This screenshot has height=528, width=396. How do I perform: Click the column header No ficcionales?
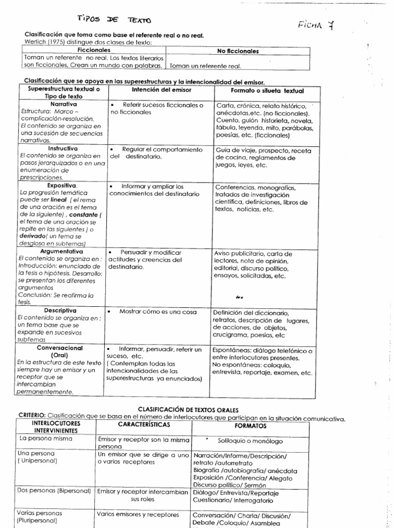[x=239, y=52]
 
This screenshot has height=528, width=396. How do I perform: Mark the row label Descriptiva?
[x=60, y=311]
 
